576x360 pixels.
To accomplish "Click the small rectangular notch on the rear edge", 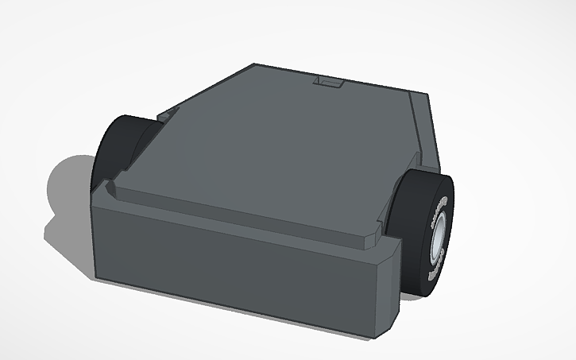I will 329,82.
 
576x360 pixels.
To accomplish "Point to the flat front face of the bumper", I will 238,270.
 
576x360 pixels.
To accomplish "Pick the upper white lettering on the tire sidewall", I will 436,213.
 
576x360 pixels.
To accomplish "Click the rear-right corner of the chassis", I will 427,96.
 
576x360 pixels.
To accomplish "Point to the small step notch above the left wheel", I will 165,115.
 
